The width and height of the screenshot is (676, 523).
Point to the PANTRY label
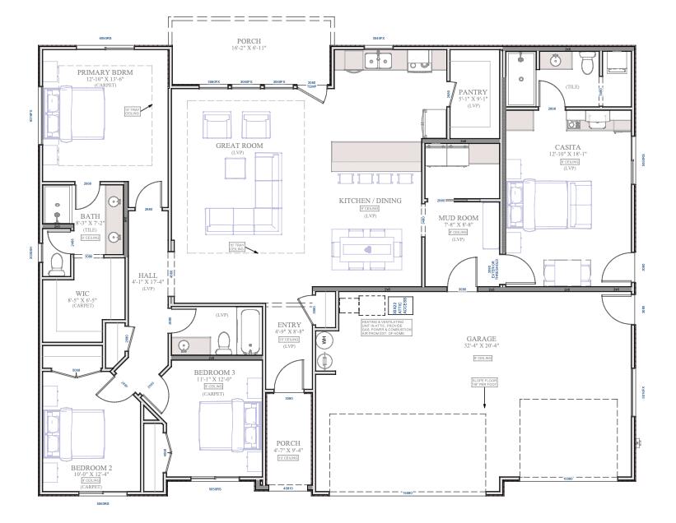click(x=473, y=92)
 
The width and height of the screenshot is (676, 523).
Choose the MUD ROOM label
click(x=458, y=218)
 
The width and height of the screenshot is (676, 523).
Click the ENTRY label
click(x=289, y=325)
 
